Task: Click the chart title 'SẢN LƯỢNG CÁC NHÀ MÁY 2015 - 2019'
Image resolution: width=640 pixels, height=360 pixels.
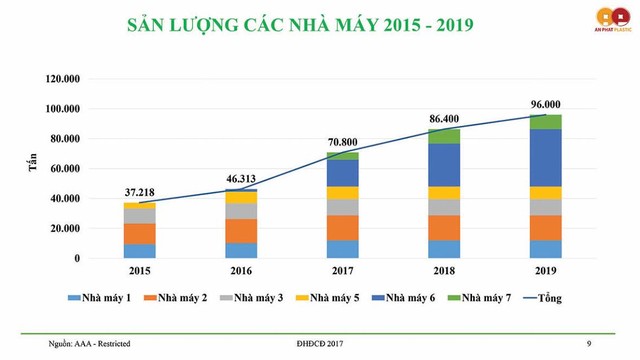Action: [293, 24]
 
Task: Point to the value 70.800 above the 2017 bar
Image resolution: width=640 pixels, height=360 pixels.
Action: [342, 142]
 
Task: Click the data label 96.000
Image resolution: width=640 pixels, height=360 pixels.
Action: [545, 103]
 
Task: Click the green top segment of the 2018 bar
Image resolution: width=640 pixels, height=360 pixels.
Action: [444, 136]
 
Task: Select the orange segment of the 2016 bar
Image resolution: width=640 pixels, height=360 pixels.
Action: [241, 231]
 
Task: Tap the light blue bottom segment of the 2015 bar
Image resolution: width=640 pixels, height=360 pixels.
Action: [139, 251]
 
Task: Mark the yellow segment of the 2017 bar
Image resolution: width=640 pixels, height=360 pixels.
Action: [342, 193]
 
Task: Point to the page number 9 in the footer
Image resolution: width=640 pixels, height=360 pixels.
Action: [588, 344]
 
